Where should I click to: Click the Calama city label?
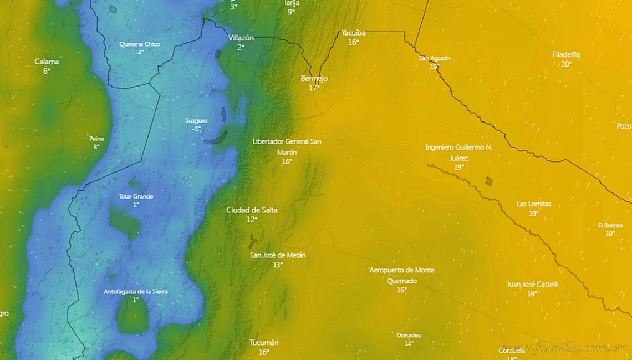[47, 62]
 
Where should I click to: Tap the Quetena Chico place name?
[139, 44]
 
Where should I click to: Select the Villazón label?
[241, 38]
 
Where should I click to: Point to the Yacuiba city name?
[353, 33]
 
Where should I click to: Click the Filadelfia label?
[566, 54]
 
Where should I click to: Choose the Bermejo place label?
[314, 79]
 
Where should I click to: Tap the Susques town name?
[196, 120]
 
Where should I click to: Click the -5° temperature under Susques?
[196, 129]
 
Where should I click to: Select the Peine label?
[96, 139]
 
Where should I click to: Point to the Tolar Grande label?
[136, 196]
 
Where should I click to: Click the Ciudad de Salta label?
[252, 210]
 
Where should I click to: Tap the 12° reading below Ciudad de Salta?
[252, 220]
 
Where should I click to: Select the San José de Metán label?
[278, 255]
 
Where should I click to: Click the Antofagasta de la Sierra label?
[136, 291]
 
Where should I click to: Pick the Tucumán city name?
[264, 342]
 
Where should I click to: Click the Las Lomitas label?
[534, 204]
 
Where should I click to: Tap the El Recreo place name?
[610, 225]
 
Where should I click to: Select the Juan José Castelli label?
[532, 285]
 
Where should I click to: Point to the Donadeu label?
[409, 335]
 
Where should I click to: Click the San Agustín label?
[435, 58]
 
